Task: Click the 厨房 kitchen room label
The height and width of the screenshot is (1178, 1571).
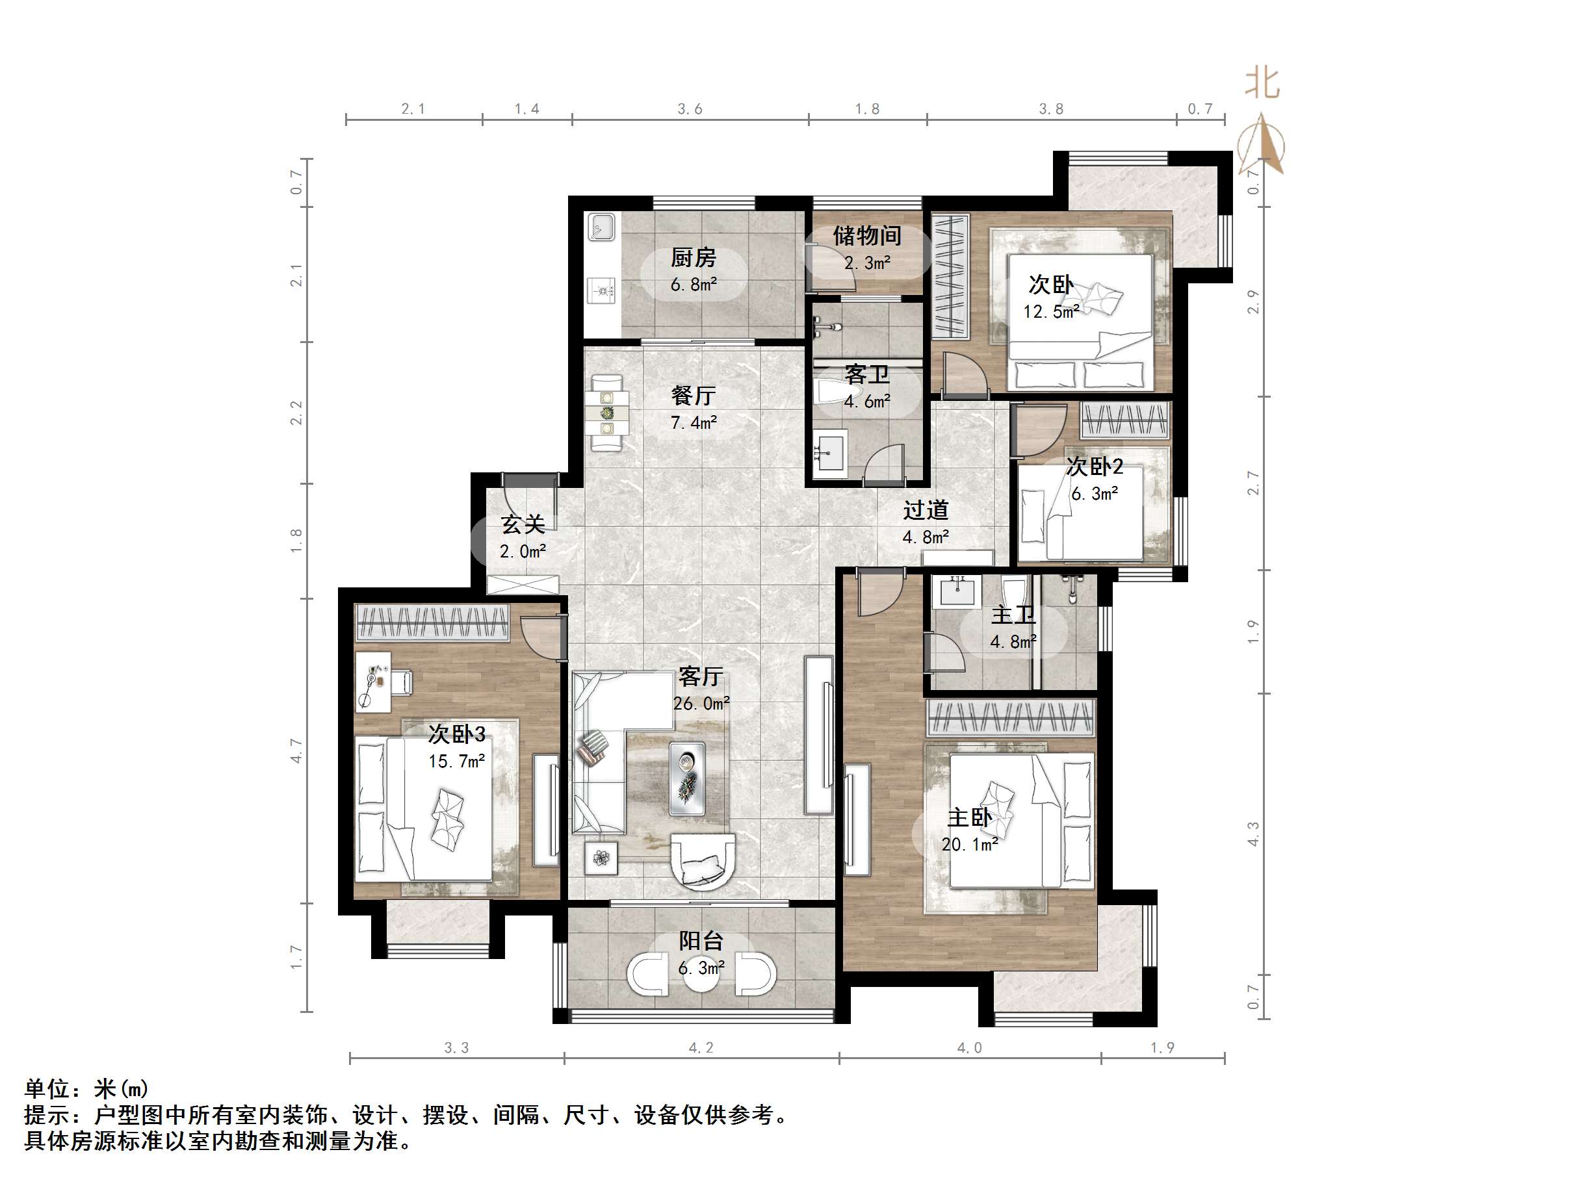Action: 693,257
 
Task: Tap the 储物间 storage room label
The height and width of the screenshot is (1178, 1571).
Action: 866,235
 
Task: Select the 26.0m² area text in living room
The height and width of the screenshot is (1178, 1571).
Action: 701,703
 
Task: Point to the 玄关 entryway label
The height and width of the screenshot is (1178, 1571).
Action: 523,525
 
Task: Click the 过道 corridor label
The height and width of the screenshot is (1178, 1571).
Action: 926,510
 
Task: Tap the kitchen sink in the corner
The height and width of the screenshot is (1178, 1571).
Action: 603,228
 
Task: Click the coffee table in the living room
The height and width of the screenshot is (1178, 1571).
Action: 687,778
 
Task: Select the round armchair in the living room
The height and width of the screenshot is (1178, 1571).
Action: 703,862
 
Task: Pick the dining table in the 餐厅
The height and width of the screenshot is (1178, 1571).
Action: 606,413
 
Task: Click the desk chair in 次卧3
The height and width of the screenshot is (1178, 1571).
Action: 401,681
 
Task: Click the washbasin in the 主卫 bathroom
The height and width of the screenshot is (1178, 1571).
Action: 956,591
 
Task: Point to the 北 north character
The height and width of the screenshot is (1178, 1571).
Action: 1262,84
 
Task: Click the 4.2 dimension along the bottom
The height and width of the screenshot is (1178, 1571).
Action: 700,1047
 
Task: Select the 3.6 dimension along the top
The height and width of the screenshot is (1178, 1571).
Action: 689,109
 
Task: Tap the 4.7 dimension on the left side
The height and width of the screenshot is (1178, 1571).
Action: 296,750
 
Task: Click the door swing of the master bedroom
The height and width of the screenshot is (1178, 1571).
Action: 878,595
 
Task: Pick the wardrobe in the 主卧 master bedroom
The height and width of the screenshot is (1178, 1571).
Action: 1010,717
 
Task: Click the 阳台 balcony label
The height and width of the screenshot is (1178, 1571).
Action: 700,941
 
